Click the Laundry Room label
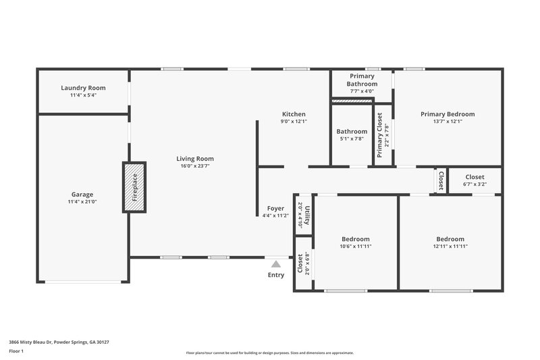[x=83, y=88]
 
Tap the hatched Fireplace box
[x=134, y=186]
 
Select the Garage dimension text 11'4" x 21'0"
[x=82, y=202]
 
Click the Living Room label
[x=197, y=159]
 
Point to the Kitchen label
[x=294, y=114]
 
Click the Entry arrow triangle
[x=276, y=265]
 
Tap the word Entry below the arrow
[x=276, y=275]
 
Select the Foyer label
[x=275, y=208]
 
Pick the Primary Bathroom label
[x=360, y=80]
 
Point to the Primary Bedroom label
[x=448, y=114]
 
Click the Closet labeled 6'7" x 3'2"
[x=475, y=180]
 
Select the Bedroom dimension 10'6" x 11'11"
[x=355, y=247]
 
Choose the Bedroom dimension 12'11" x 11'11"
[x=450, y=247]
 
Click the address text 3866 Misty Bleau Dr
[x=59, y=342]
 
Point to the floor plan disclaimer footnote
[x=269, y=353]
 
